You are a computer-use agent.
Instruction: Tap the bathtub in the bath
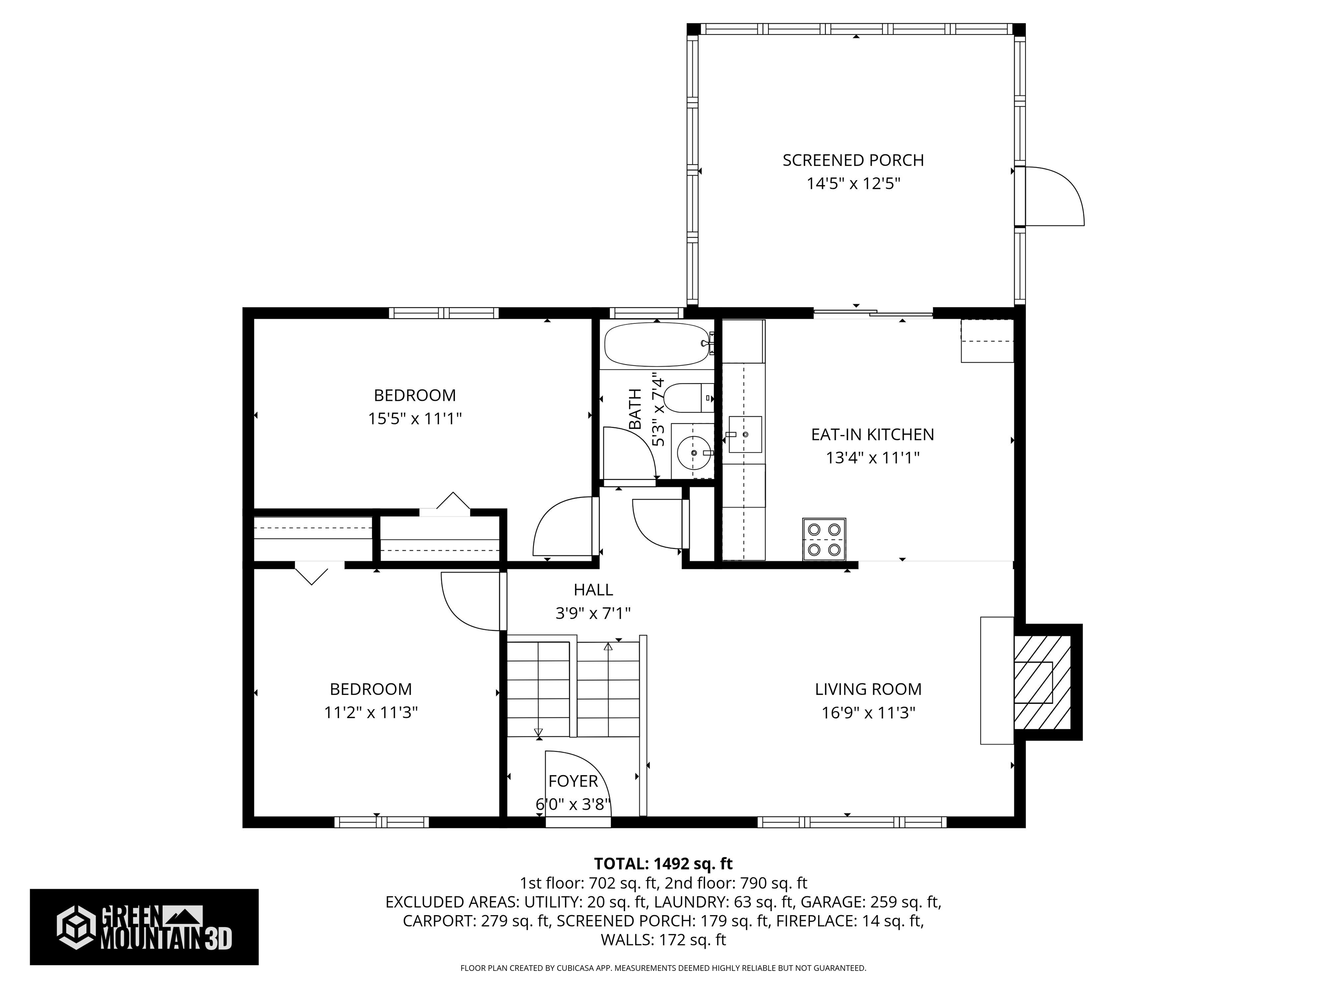click(657, 345)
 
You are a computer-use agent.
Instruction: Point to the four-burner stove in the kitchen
click(824, 539)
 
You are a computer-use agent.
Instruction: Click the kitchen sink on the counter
click(745, 434)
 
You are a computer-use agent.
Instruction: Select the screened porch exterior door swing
click(1054, 197)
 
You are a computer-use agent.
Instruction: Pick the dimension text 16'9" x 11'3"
click(868, 713)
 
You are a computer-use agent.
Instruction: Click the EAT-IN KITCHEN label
click(872, 434)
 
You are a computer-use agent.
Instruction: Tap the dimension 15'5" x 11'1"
click(415, 418)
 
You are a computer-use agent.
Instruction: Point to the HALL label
click(593, 589)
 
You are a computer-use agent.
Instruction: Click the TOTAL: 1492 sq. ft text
click(663, 864)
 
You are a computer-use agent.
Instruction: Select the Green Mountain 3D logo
click(144, 927)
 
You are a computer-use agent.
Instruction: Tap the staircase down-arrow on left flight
click(538, 732)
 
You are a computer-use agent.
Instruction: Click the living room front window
click(852, 822)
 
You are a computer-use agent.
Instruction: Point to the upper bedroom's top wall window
click(443, 313)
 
